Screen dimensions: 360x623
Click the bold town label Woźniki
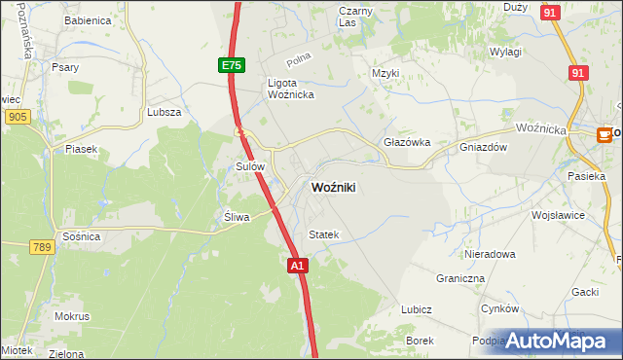click(332, 188)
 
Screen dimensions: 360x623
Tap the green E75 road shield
click(230, 65)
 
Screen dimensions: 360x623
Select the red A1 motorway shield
click(298, 265)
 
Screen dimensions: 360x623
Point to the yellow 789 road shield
click(40, 248)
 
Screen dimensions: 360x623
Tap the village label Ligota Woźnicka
click(288, 89)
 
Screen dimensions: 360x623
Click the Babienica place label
click(87, 20)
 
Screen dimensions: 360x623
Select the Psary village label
click(66, 67)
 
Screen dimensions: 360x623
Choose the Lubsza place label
click(165, 112)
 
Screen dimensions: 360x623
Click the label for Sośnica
click(79, 237)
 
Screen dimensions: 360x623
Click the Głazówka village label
click(407, 141)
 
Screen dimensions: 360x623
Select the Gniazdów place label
click(484, 148)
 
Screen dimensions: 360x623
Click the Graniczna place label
click(460, 277)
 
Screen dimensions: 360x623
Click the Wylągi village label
click(506, 52)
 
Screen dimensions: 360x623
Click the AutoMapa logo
click(557, 340)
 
